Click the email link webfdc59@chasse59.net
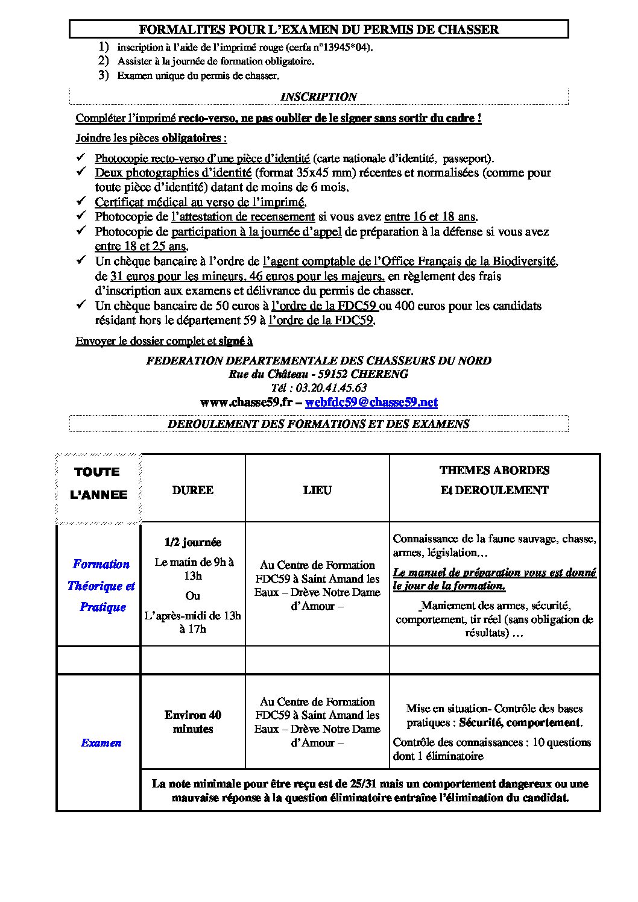tap(371, 402)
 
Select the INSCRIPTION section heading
tap(318, 97)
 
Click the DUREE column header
tap(193, 490)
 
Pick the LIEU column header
tap(317, 490)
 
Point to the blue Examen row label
tap(101, 743)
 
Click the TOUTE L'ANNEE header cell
tap(99, 483)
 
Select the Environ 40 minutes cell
tap(193, 722)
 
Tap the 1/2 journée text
tap(193, 542)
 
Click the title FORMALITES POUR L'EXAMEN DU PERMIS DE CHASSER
tap(318, 29)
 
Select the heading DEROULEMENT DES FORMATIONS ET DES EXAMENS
tap(318, 424)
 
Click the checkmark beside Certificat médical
tap(83, 201)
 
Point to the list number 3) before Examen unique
tap(104, 75)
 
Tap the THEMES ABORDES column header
tap(494, 471)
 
